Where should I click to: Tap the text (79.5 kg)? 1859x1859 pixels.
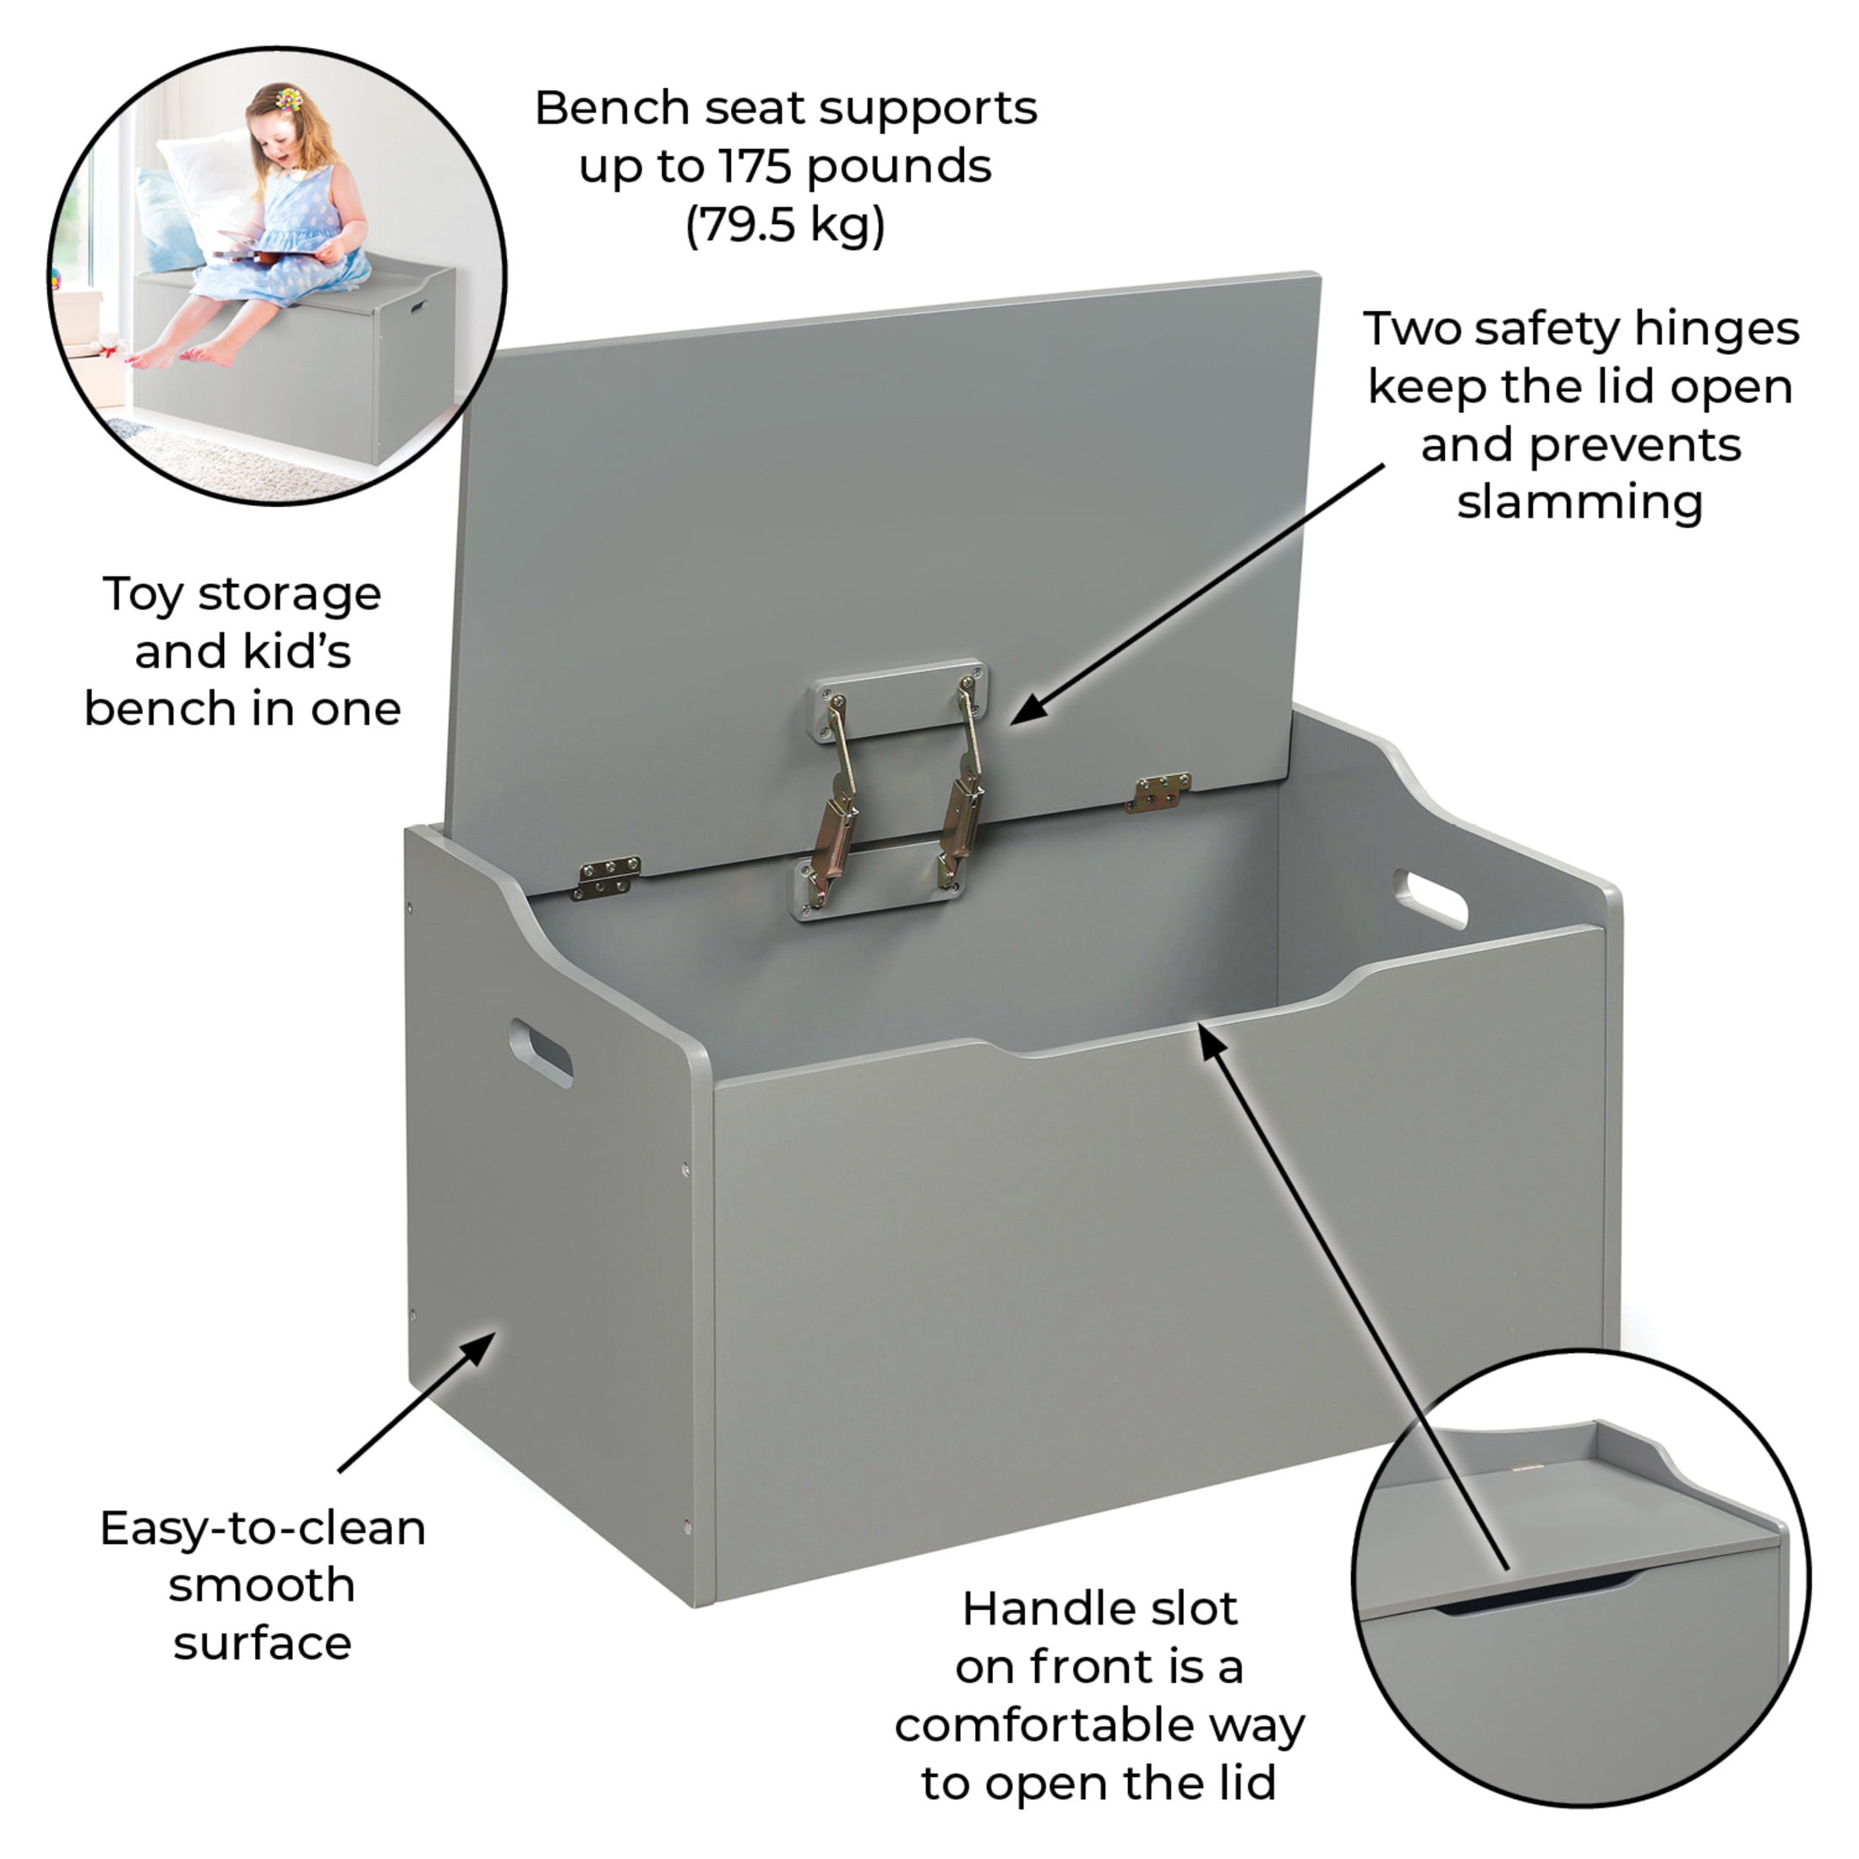click(785, 226)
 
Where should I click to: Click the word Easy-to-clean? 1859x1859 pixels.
click(263, 1529)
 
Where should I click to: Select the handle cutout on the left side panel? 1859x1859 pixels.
click(541, 1053)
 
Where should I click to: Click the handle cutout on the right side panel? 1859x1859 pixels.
click(1431, 899)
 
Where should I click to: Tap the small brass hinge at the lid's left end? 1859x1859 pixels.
click(606, 878)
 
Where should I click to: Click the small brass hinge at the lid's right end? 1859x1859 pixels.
click(1158, 793)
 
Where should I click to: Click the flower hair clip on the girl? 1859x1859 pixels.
click(287, 98)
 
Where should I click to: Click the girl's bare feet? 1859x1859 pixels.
click(183, 355)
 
